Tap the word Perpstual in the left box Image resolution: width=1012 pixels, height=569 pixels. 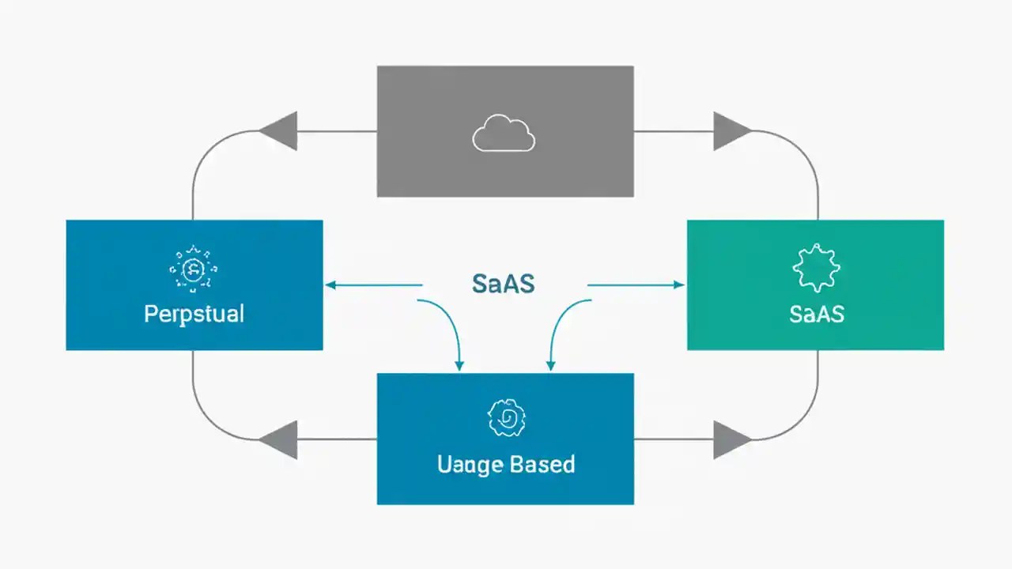194,314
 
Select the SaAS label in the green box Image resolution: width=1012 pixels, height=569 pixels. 816,314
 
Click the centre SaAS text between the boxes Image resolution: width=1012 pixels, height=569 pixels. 503,284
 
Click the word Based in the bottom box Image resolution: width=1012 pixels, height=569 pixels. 541,464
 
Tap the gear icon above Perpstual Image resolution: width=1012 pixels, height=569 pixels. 192,269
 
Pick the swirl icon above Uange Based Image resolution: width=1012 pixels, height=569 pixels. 506,418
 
